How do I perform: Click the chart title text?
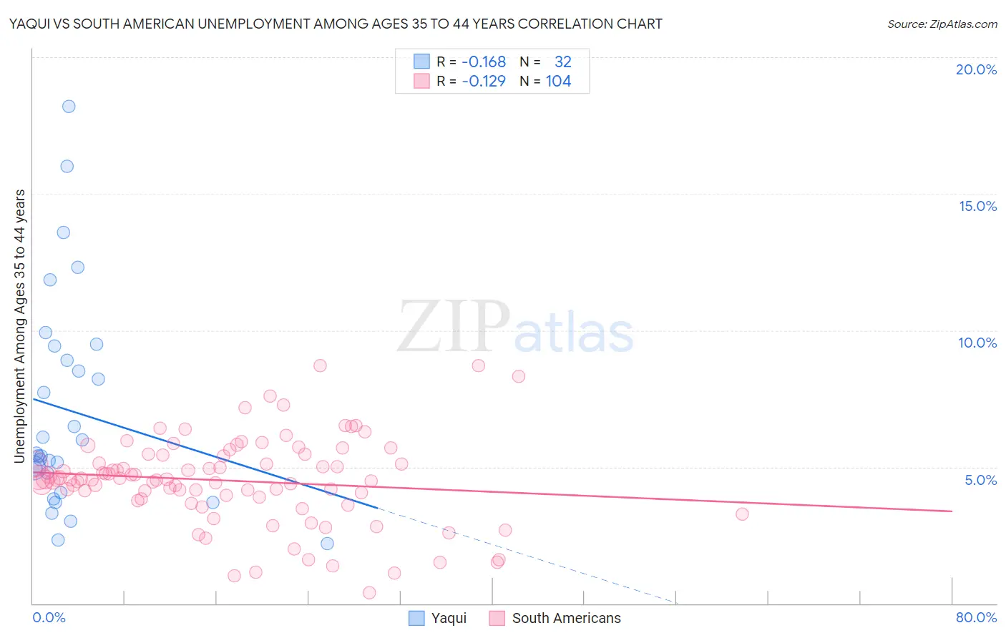pyautogui.click(x=336, y=24)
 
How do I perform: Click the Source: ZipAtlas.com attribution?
pyautogui.click(x=942, y=24)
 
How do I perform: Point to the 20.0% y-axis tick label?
pyautogui.click(x=976, y=69)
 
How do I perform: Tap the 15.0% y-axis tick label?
pyautogui.click(x=977, y=206)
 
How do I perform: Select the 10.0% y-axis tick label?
pyautogui.click(x=977, y=343)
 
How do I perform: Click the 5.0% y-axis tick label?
pyautogui.click(x=980, y=480)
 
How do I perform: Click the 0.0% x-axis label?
pyautogui.click(x=49, y=617)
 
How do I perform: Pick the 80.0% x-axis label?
pyautogui.click(x=976, y=617)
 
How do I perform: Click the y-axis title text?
pyautogui.click(x=20, y=325)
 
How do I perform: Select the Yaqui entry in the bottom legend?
pyautogui.click(x=437, y=618)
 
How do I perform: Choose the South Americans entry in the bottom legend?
pyautogui.click(x=555, y=618)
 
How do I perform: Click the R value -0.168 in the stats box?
pyautogui.click(x=484, y=62)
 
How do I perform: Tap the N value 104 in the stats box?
pyautogui.click(x=558, y=82)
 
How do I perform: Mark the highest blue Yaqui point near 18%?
pyautogui.click(x=69, y=107)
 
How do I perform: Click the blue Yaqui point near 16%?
pyautogui.click(x=67, y=166)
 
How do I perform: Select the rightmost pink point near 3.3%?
pyautogui.click(x=742, y=514)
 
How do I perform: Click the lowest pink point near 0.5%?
pyautogui.click(x=369, y=592)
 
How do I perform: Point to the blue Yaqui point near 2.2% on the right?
pyautogui.click(x=327, y=544)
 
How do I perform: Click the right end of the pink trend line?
pyautogui.click(x=952, y=511)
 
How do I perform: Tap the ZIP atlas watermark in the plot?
pyautogui.click(x=515, y=328)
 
